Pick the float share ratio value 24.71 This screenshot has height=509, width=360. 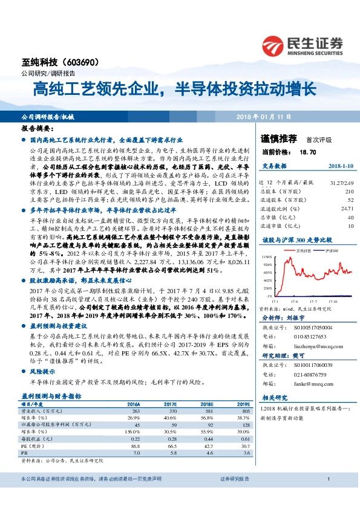347,207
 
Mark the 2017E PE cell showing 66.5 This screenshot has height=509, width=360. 171,444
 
